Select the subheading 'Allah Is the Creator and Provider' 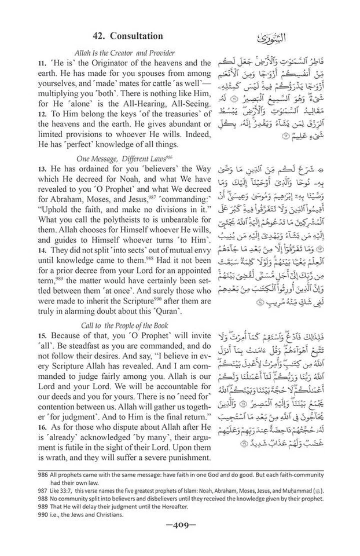point(124,53)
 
